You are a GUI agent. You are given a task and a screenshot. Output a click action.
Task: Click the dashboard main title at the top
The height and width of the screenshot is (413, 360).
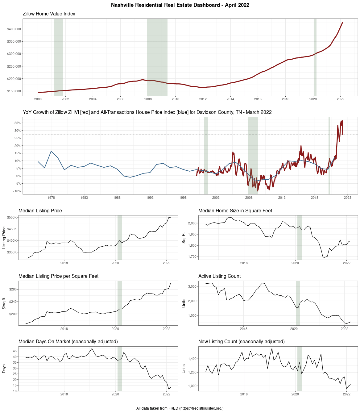(180, 5)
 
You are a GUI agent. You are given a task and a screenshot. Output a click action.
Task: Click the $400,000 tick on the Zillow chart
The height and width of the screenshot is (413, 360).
(14, 29)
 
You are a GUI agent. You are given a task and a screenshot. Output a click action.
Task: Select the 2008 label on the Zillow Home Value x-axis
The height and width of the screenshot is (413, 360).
(148, 99)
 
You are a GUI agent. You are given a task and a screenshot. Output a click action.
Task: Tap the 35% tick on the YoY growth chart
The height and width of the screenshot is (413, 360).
(18, 123)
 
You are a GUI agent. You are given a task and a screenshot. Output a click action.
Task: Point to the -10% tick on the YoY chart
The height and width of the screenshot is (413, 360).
(17, 191)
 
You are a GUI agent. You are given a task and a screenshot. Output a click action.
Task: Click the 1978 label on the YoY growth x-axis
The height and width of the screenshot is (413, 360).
(51, 197)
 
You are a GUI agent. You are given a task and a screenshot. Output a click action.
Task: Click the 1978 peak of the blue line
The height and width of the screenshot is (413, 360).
(51, 151)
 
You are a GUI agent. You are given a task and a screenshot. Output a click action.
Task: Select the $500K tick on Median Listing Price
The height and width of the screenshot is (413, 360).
(12, 217)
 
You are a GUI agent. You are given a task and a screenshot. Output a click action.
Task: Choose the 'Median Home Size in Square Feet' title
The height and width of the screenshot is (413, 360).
(235, 211)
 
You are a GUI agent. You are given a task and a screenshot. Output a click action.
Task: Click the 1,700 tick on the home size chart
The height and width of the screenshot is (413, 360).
(192, 257)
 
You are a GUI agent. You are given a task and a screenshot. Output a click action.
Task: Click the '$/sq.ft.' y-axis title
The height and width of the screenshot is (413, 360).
(4, 303)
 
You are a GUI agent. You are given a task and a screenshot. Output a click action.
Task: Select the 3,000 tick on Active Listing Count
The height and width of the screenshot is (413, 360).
(192, 286)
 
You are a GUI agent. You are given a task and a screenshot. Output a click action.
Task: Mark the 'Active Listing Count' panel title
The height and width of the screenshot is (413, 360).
(219, 276)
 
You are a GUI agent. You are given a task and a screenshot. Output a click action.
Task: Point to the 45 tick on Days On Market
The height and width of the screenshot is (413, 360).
(15, 351)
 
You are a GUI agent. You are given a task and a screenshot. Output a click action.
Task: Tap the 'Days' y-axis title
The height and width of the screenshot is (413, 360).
(4, 369)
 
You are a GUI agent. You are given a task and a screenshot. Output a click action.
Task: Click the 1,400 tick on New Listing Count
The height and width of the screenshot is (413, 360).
(192, 359)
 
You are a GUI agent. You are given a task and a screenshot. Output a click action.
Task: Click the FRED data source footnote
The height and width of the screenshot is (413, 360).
(180, 408)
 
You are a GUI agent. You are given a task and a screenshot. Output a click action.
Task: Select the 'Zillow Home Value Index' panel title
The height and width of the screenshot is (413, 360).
(49, 14)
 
